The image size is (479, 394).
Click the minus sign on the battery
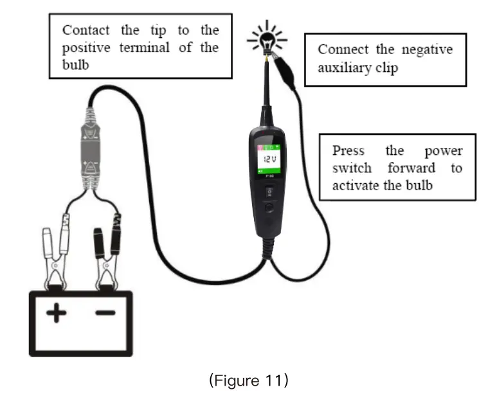(105, 313)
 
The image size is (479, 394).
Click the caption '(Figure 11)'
(248, 380)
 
